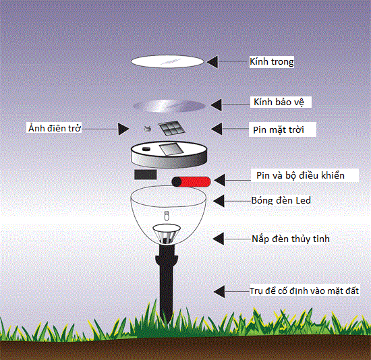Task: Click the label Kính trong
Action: pyautogui.click(x=272, y=62)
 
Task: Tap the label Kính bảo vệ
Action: pyautogui.click(x=279, y=102)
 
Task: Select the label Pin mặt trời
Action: pyautogui.click(x=279, y=129)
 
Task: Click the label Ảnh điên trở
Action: pyautogui.click(x=55, y=128)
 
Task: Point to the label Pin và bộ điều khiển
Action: pyautogui.click(x=300, y=175)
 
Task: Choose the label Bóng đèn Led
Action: pyautogui.click(x=281, y=201)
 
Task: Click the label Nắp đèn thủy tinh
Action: pyautogui.click(x=291, y=239)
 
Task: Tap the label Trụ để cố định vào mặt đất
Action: pyautogui.click(x=304, y=291)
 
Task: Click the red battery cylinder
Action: pyautogui.click(x=191, y=182)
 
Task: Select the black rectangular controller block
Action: pyautogui.click(x=146, y=175)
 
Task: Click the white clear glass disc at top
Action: pyautogui.click(x=167, y=62)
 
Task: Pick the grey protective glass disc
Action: pyautogui.click(x=169, y=106)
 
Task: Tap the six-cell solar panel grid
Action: pyautogui.click(x=172, y=129)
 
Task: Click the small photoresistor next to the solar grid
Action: pyautogui.click(x=148, y=129)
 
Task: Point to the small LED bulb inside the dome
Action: pyautogui.click(x=167, y=216)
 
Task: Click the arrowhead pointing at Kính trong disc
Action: pyautogui.click(x=212, y=62)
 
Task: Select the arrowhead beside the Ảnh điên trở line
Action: pyautogui.click(x=123, y=129)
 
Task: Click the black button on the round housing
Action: pyautogui.click(x=146, y=149)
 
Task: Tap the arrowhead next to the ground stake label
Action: pyautogui.click(x=219, y=291)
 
